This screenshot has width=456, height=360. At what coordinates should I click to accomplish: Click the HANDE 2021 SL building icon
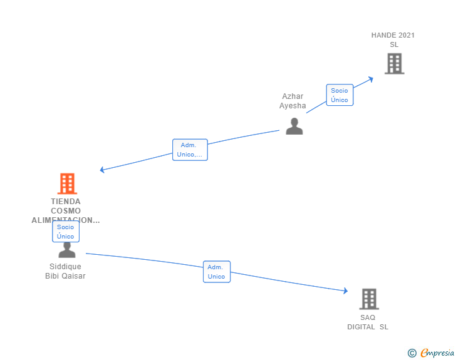tap(394, 64)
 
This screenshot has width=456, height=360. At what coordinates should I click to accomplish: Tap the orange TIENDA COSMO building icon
tap(67, 183)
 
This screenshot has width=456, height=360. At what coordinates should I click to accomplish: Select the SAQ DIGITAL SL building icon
tap(369, 299)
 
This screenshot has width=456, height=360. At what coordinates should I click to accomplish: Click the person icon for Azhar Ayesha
tap(294, 126)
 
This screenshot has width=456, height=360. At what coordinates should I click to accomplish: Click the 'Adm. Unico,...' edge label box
tap(190, 150)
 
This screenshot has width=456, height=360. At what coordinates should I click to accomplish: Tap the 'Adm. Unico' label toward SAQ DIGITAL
tap(216, 272)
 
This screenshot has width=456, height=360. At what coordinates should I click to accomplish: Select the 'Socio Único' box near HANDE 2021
tap(339, 95)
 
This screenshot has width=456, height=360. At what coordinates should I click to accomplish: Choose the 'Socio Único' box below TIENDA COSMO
tap(66, 232)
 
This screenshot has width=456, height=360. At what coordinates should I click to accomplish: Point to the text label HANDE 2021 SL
tap(393, 40)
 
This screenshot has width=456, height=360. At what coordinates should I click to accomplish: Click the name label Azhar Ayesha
tap(293, 101)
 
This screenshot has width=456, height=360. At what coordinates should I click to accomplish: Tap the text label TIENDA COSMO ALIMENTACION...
tap(66, 211)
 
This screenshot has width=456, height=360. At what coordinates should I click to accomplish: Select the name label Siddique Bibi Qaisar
tap(65, 271)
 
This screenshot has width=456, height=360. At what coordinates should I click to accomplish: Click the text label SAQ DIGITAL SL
tap(368, 322)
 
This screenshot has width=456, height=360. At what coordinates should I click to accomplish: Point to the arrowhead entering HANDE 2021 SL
tap(371, 78)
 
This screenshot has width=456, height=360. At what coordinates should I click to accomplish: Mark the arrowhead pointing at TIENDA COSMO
tap(102, 170)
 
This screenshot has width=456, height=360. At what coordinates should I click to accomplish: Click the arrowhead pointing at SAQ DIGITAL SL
tap(345, 291)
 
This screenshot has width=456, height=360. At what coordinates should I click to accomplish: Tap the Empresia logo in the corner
tap(437, 353)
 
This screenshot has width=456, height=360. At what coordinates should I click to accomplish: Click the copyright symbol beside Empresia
tap(412, 353)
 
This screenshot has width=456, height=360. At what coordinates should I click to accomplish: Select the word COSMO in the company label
tap(66, 211)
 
